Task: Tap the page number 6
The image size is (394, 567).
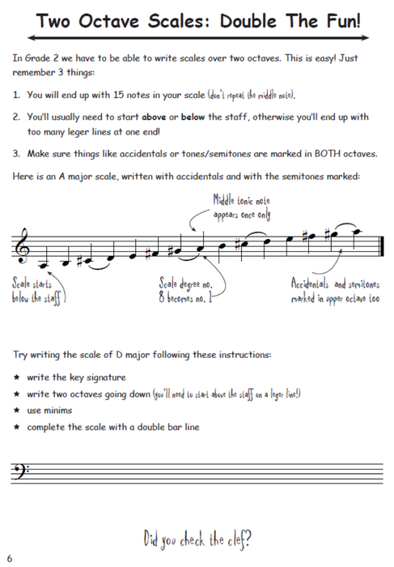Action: click(10, 558)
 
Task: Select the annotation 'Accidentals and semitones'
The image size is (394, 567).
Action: click(335, 284)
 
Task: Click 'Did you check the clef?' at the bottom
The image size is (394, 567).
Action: click(197, 538)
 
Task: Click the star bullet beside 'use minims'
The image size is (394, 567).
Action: click(17, 410)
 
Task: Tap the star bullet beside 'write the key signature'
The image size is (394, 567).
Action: click(17, 377)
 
